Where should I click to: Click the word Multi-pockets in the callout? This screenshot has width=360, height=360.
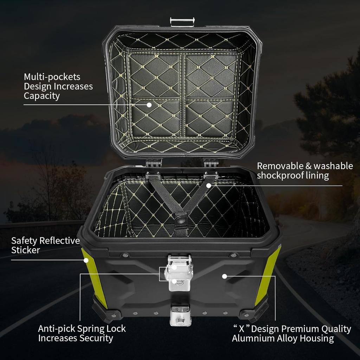(52, 77)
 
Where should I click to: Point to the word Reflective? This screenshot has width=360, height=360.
(59, 241)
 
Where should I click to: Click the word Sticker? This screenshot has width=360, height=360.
(25, 250)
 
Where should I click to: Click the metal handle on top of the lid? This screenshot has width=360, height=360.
(182, 22)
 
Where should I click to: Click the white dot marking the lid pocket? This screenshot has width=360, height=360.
(149, 105)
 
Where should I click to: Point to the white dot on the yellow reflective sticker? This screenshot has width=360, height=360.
(85, 260)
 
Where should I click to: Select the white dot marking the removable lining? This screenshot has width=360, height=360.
(208, 185)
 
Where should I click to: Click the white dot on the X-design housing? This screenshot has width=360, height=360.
(224, 276)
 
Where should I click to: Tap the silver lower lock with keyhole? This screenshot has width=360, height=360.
(180, 315)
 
